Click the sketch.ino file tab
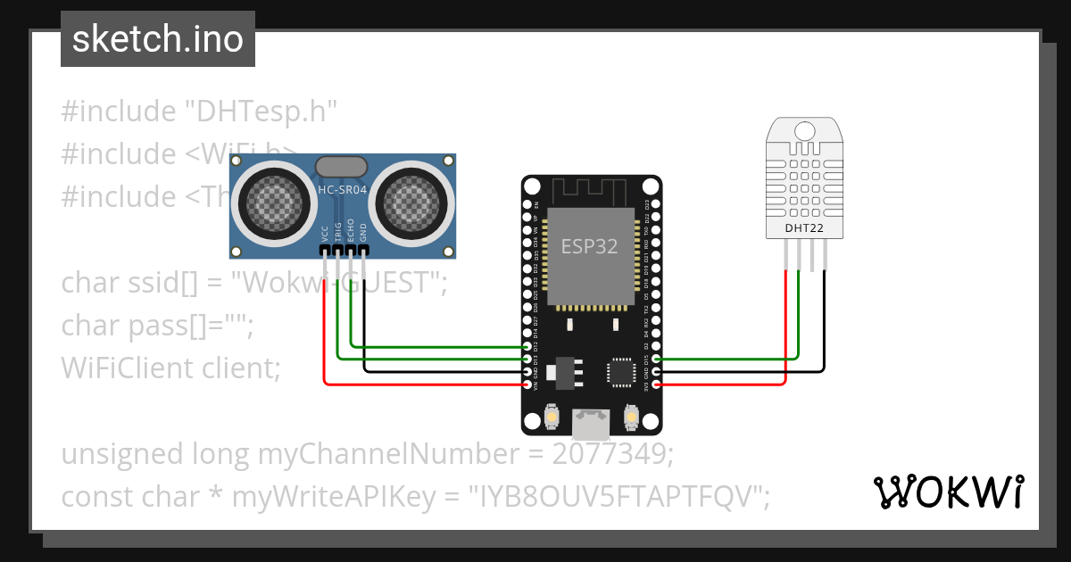pyautogui.click(x=157, y=39)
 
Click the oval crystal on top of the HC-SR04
pyautogui.click(x=340, y=166)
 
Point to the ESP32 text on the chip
pyautogui.click(x=589, y=247)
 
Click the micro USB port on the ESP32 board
pyautogui.click(x=591, y=423)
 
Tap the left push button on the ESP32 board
pyautogui.click(x=552, y=417)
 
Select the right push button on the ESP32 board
pyautogui.click(x=631, y=417)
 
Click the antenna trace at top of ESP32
pyautogui.click(x=591, y=191)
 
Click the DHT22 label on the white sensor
pyautogui.click(x=804, y=227)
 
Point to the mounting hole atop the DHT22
pyautogui.click(x=805, y=132)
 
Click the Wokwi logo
pyautogui.click(x=948, y=492)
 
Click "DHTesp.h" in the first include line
pyautogui.click(x=260, y=112)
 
